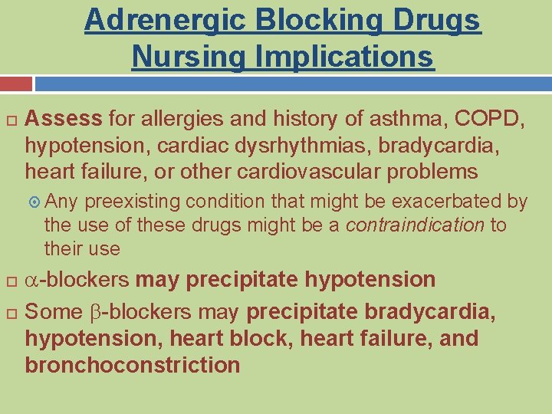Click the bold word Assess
click(64, 119)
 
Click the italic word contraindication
click(416, 225)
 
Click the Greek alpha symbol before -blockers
click(31, 280)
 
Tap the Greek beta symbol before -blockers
click(94, 313)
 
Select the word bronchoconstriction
click(133, 365)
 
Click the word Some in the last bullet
click(52, 313)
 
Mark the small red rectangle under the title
click(16, 84)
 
